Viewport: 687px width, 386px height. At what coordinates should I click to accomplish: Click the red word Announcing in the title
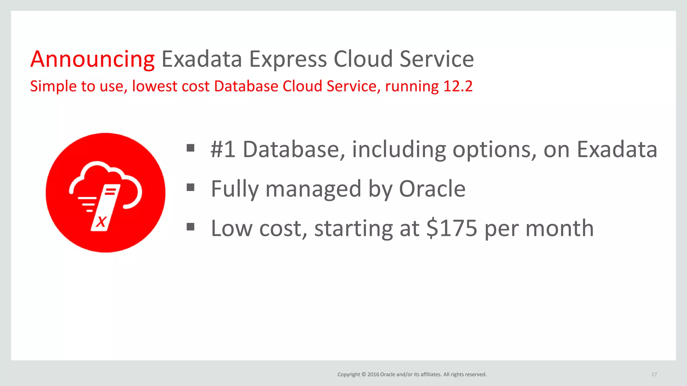(92, 60)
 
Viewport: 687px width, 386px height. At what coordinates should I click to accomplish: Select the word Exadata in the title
(202, 59)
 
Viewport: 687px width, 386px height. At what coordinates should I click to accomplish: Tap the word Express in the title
(288, 60)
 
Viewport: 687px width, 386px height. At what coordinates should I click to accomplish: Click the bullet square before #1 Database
(191, 148)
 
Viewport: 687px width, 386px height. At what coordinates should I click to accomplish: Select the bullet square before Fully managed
(191, 187)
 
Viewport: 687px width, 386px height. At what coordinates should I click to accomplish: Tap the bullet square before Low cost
(191, 227)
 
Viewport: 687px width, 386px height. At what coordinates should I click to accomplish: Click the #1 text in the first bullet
(222, 149)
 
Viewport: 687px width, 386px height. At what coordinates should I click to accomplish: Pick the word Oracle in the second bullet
(432, 189)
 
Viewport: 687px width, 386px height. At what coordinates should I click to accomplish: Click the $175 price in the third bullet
(452, 228)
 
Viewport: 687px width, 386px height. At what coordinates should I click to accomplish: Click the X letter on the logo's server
(101, 221)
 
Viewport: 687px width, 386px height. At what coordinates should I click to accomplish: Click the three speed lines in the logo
(87, 204)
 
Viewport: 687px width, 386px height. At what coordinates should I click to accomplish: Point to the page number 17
(654, 374)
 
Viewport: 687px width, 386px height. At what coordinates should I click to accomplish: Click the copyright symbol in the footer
(364, 374)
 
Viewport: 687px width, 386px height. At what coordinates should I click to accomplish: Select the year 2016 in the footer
(373, 374)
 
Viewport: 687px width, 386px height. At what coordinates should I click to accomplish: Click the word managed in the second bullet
(313, 189)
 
